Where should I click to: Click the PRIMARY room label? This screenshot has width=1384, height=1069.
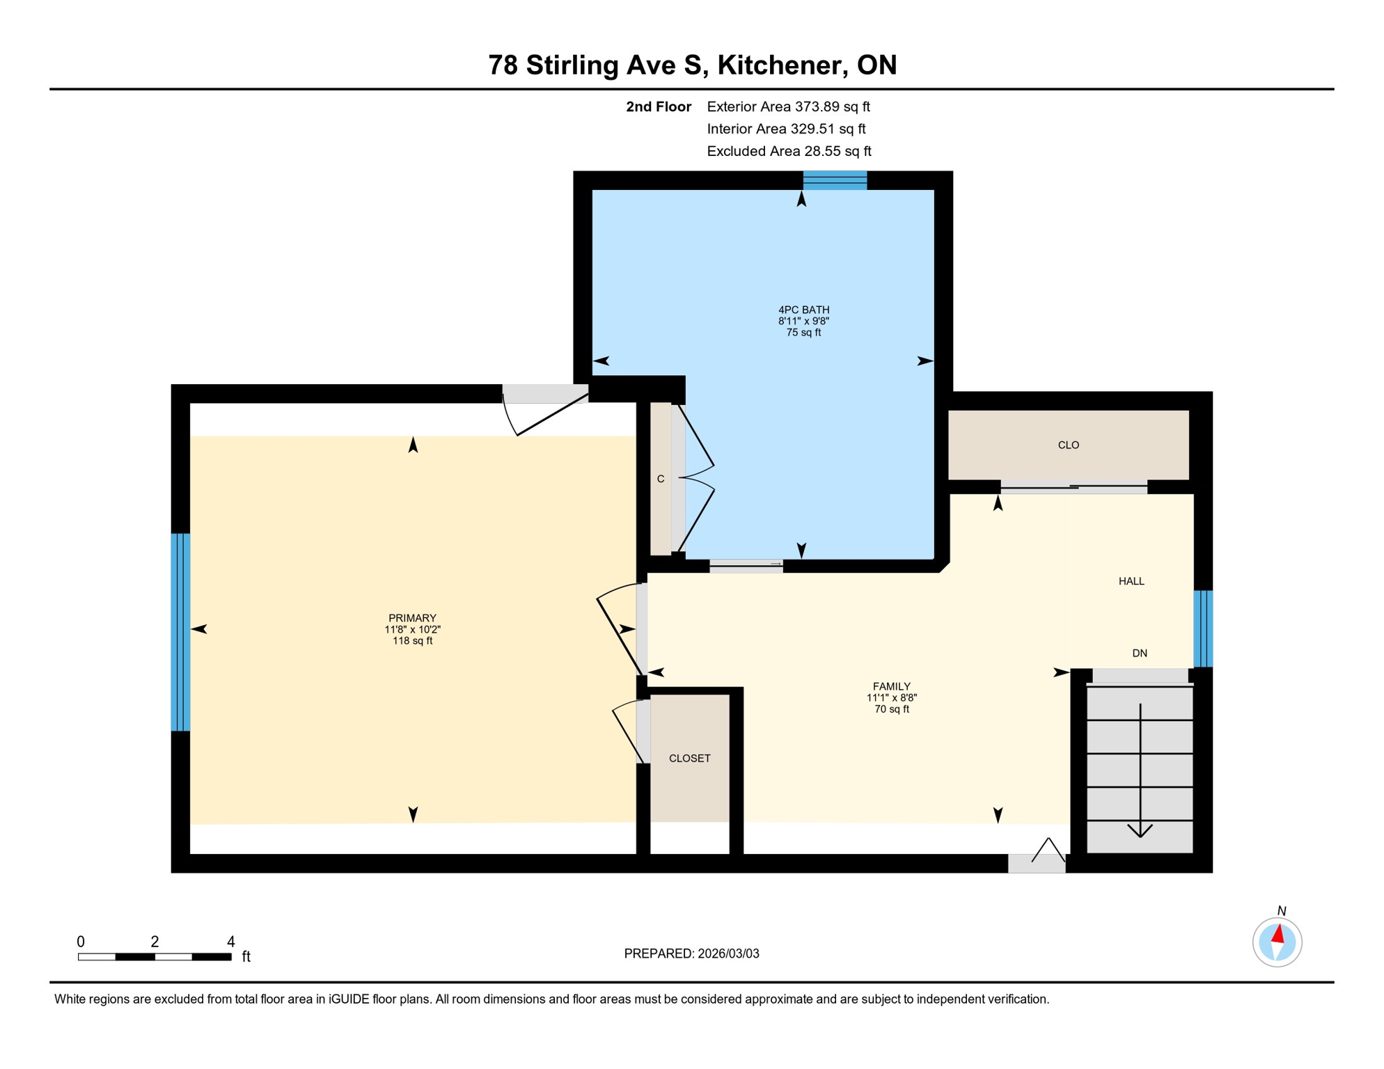pyautogui.click(x=412, y=618)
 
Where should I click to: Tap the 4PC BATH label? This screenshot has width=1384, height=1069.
pyautogui.click(x=803, y=310)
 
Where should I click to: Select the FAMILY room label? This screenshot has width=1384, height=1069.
pyautogui.click(x=891, y=686)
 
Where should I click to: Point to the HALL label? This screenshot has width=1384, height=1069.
pyautogui.click(x=1131, y=581)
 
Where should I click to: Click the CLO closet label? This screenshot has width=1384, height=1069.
pyautogui.click(x=1068, y=445)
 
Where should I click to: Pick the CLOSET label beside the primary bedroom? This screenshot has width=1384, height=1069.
pyautogui.click(x=689, y=759)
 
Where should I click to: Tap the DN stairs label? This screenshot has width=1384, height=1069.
pyautogui.click(x=1140, y=654)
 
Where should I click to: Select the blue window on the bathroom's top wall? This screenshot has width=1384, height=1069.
pyautogui.click(x=835, y=181)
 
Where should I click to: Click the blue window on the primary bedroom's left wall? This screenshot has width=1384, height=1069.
pyautogui.click(x=181, y=632)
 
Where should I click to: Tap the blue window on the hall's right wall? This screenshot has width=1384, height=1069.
pyautogui.click(x=1203, y=628)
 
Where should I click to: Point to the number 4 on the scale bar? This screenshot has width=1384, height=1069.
pyautogui.click(x=231, y=942)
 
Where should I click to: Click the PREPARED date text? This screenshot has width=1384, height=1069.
pyautogui.click(x=691, y=954)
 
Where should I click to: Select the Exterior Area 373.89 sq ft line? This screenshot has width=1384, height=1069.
pyautogui.click(x=788, y=106)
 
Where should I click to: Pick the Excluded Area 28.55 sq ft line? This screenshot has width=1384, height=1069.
pyautogui.click(x=789, y=151)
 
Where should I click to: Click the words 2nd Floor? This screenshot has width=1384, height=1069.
pyautogui.click(x=658, y=106)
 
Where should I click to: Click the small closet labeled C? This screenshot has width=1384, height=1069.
pyautogui.click(x=661, y=479)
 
